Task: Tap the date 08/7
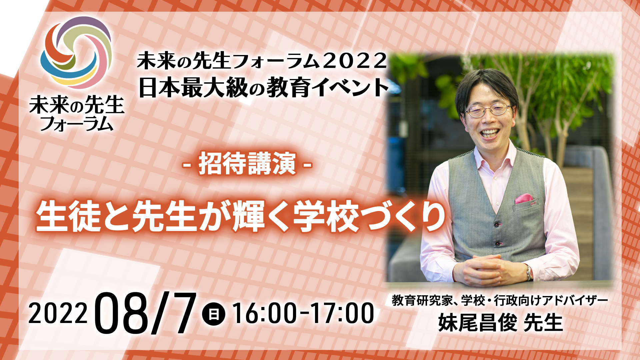[x=145, y=313]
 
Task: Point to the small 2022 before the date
[x=58, y=314]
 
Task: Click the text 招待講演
[x=247, y=164]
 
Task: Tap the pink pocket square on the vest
[x=524, y=199]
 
